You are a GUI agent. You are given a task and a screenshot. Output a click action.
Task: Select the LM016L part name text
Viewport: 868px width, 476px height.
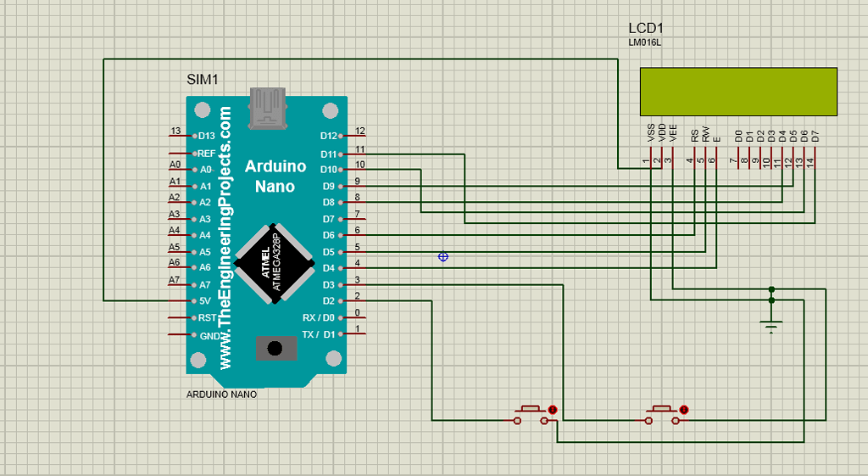pos(644,42)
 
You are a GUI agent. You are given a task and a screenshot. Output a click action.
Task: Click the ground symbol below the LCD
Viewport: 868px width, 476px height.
pos(771,325)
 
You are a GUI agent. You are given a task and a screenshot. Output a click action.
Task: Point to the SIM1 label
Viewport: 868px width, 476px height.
pos(203,80)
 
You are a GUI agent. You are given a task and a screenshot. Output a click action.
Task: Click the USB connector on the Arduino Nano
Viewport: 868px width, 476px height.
pos(267,108)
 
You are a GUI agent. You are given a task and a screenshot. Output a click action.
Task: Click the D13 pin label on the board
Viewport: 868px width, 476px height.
pos(205,136)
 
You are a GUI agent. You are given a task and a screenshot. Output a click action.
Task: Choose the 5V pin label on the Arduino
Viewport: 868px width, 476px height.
pos(204,300)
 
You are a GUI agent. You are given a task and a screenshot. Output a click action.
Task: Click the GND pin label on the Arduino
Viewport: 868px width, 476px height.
pos(208,334)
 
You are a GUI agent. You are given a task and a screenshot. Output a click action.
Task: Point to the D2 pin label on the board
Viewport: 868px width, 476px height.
pos(329,300)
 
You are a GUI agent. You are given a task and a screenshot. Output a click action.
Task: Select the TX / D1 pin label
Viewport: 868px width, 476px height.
pos(320,333)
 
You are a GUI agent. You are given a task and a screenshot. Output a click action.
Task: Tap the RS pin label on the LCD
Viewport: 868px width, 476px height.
pos(694,134)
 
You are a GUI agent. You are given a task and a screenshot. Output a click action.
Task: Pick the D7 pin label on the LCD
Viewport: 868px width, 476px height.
pos(815,134)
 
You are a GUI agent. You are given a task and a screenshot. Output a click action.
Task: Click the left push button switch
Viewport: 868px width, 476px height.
pos(532,413)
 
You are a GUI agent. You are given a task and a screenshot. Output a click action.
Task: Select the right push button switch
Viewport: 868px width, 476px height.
pos(665,413)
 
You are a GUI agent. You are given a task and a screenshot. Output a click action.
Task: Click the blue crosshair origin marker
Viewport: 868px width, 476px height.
pos(442,256)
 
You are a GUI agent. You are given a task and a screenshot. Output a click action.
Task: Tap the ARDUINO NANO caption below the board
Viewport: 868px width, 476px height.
pos(221,395)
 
